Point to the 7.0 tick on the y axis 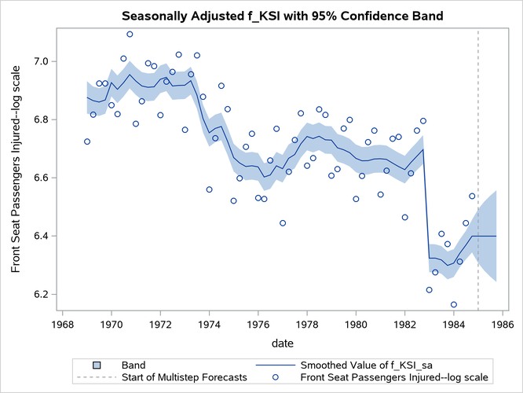(x=47, y=61)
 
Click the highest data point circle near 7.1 (x=130, y=35)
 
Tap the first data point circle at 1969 (x=87, y=141)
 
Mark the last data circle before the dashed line (x=472, y=196)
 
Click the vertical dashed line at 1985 (x=478, y=157)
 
